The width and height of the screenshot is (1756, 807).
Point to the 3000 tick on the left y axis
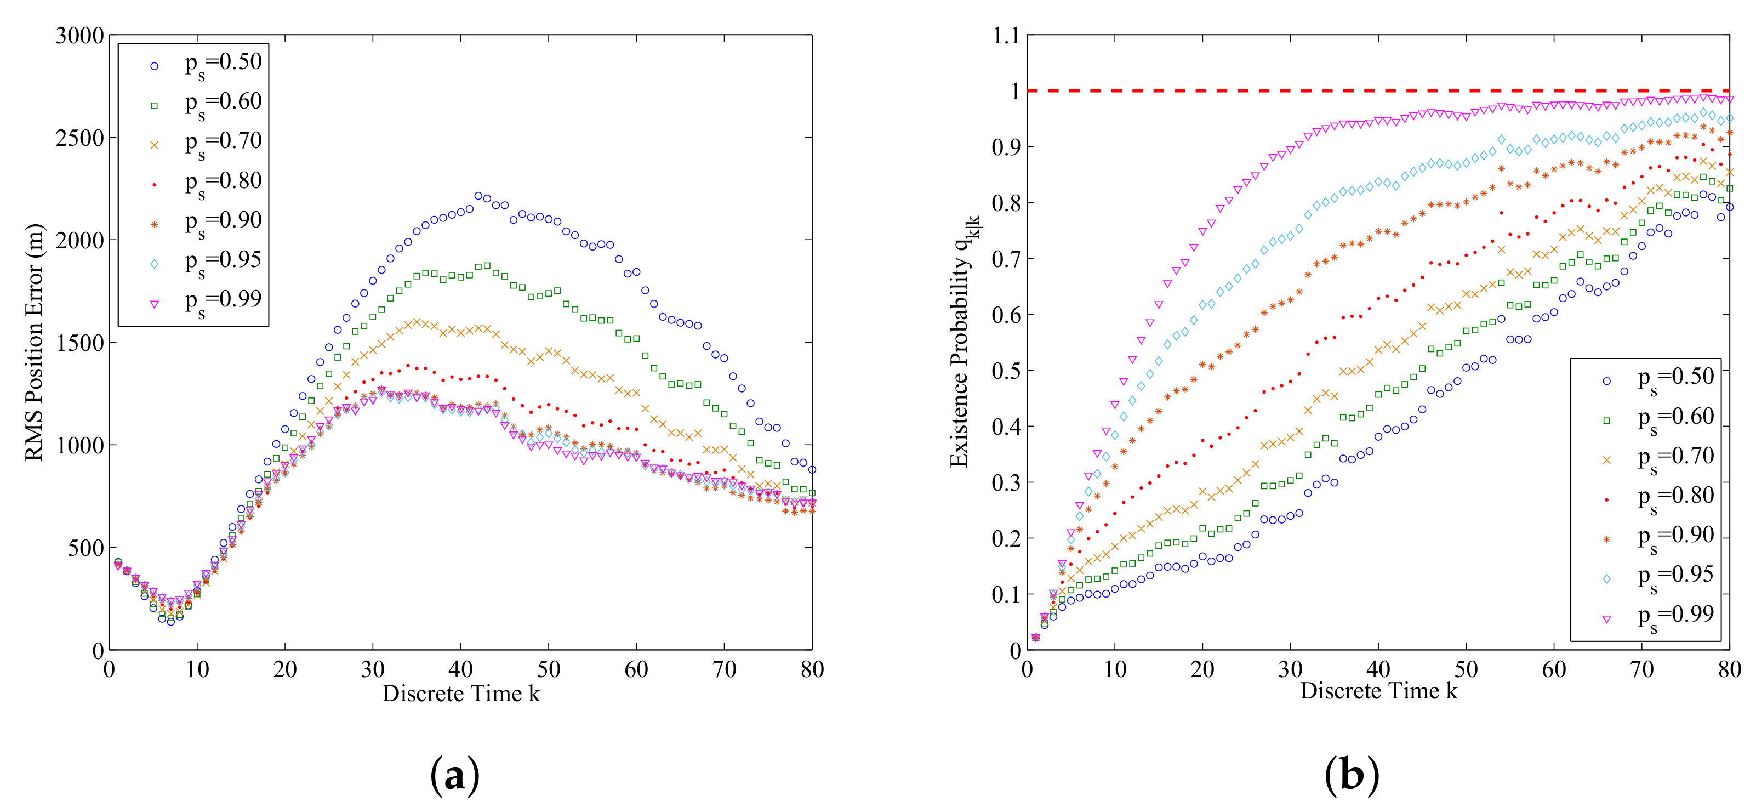pyautogui.click(x=80, y=36)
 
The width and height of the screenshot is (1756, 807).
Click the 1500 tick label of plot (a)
pyautogui.click(x=80, y=343)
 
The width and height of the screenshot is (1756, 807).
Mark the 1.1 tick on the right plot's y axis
pyautogui.click(x=1006, y=36)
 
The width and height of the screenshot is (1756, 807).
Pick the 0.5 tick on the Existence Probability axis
pyautogui.click(x=1006, y=371)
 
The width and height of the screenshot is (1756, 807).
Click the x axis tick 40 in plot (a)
pyautogui.click(x=461, y=669)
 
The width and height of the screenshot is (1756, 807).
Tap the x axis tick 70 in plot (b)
pyautogui.click(x=1641, y=669)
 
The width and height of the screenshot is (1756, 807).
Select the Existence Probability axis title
pyautogui.click(x=961, y=341)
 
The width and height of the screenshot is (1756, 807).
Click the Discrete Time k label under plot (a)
pyautogui.click(x=461, y=693)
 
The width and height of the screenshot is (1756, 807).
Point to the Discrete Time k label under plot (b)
pyautogui.click(x=1378, y=690)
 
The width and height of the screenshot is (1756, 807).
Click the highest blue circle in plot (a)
pyautogui.click(x=478, y=196)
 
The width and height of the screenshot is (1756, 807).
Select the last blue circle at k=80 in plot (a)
pyautogui.click(x=812, y=469)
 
